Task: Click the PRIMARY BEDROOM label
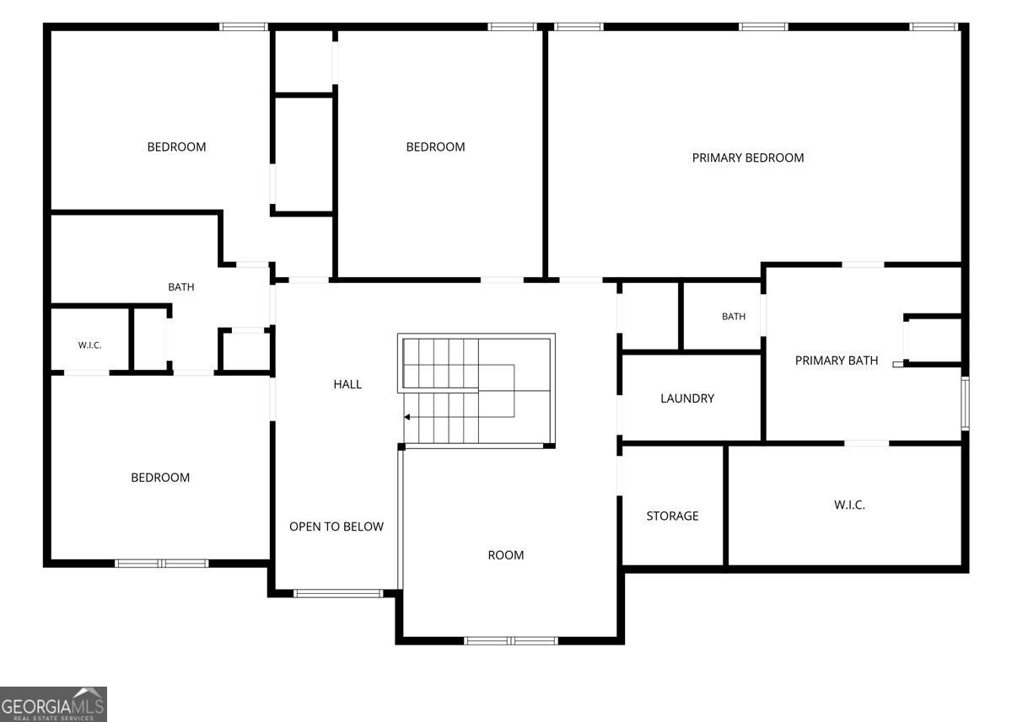coord(748,158)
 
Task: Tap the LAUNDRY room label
coord(687,398)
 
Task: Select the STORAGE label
coord(672,516)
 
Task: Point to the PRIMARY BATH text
coord(837,361)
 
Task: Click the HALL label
coord(347,384)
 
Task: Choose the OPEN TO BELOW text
coord(336,527)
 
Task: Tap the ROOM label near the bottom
coord(505,555)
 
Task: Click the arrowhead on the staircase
coord(407,417)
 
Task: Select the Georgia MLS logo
coord(53,704)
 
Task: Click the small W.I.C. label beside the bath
coord(89,345)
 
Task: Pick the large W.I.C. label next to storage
coord(849,505)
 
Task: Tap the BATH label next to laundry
coord(733,317)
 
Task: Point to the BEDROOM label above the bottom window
coord(160,478)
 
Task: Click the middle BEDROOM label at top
coord(435,147)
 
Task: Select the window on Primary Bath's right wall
coord(965,404)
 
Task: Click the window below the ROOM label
coord(511,641)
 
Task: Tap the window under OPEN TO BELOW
coord(338,594)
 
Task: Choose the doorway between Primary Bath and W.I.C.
coord(867,444)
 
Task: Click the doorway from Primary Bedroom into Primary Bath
coord(863,265)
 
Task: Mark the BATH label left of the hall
coord(181,287)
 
